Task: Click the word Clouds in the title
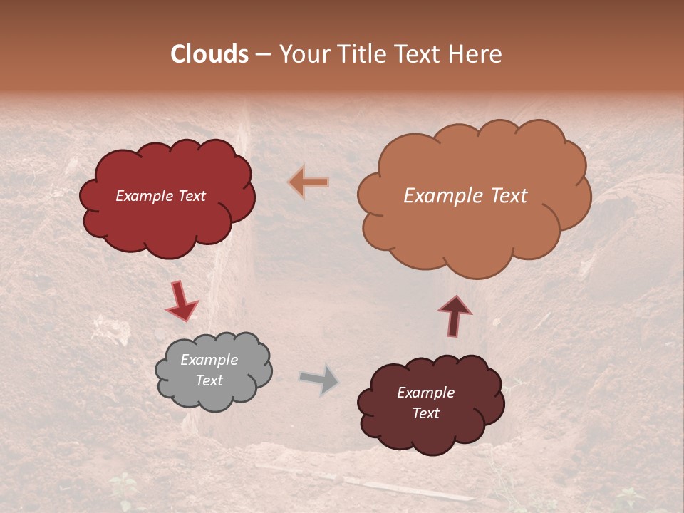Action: [209, 54]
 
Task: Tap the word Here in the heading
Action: [477, 54]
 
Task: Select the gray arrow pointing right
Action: [319, 379]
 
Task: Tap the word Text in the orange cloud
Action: [505, 196]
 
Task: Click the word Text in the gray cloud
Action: [209, 381]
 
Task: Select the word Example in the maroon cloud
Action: [425, 393]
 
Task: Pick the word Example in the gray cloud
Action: [209, 360]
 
